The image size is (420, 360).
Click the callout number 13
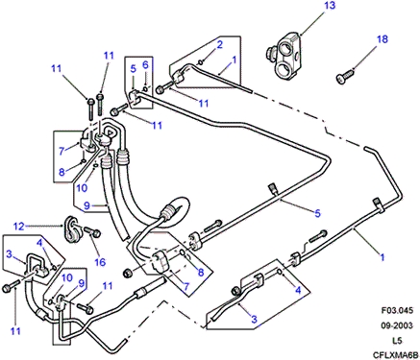pos(329,6)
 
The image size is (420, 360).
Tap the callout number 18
pos(383,39)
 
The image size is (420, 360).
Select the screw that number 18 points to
pos(345,77)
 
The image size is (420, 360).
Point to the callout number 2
pos(219,44)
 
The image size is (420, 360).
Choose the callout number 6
pos(145,65)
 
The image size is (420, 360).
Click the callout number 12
pos(19,227)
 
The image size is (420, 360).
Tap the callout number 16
pos(100,262)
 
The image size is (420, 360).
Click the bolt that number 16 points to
pos(92,231)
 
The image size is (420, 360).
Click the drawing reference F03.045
pos(397,310)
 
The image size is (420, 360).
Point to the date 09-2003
pos(397,325)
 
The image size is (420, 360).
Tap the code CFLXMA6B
pos(396,355)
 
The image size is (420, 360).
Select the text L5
pos(397,340)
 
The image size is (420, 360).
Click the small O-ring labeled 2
pos(201,61)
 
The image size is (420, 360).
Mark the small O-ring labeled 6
pos(145,88)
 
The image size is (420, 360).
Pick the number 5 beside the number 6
pos(134,69)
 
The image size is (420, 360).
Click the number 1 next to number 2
pos(235,60)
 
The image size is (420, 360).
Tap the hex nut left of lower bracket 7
pos(128,274)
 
